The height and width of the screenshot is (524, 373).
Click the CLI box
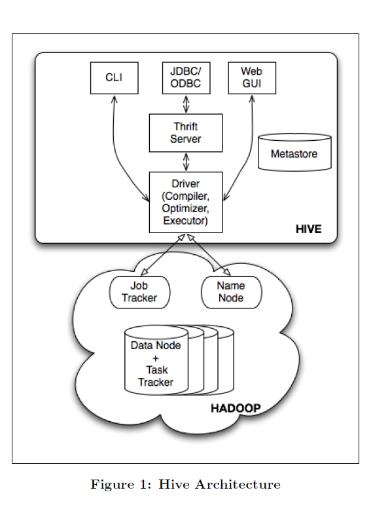[115, 78]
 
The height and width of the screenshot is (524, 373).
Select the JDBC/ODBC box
[186, 78]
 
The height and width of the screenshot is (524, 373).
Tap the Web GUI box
[252, 78]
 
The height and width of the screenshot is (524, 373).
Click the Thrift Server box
[186, 133]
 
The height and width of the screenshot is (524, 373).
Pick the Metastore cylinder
[295, 153]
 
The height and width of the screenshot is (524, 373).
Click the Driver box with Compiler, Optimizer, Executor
[186, 202]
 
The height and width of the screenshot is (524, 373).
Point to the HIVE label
[309, 229]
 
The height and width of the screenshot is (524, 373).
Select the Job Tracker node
[139, 292]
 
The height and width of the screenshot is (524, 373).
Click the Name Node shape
[232, 292]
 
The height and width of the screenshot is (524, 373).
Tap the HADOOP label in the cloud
[236, 408]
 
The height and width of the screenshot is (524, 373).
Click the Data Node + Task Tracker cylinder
[156, 360]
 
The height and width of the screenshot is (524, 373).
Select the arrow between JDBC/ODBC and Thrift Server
[186, 104]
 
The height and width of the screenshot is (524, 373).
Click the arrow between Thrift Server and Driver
[186, 162]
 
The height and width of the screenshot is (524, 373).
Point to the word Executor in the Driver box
[185, 221]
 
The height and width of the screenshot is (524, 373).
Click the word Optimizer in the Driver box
[185, 208]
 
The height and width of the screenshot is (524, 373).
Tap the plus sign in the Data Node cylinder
[156, 358]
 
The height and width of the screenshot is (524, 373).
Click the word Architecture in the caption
[238, 484]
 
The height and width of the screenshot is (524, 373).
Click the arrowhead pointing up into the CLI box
[115, 99]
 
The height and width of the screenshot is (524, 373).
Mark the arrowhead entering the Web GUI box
[252, 99]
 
